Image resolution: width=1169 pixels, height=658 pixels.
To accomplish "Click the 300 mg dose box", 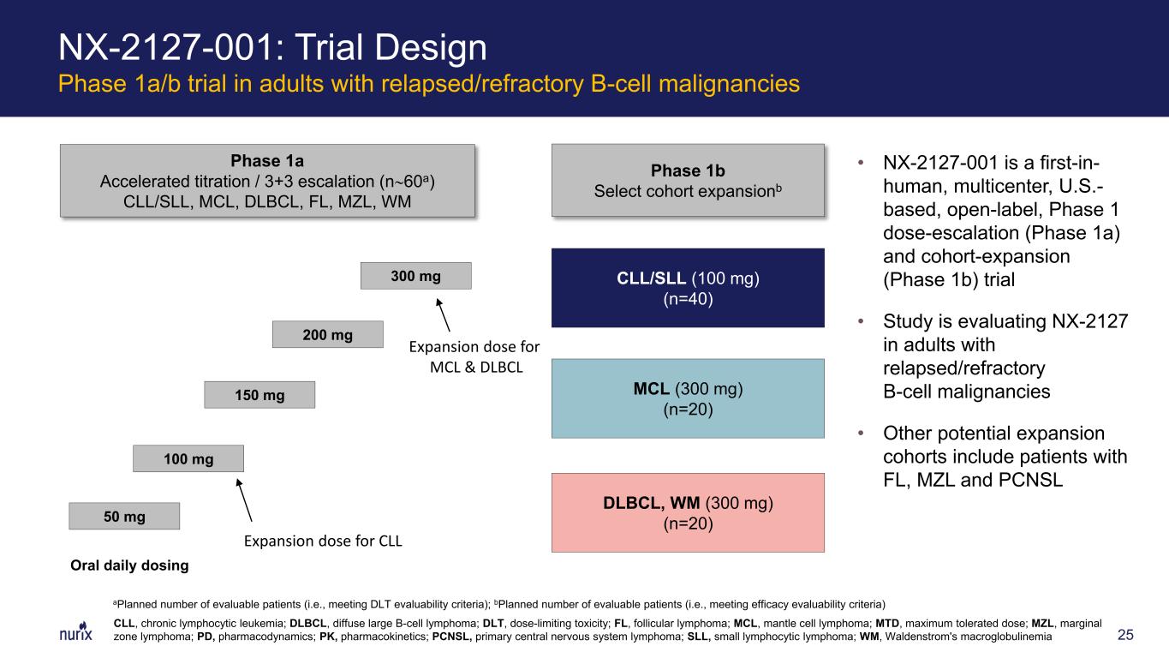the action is (416, 276).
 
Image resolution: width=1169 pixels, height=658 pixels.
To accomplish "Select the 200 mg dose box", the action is (328, 334).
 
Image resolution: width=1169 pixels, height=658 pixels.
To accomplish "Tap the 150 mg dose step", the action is (259, 395).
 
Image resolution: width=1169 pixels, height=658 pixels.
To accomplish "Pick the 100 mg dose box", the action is (188, 458).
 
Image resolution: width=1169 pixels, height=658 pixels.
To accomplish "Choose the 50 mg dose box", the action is (124, 516).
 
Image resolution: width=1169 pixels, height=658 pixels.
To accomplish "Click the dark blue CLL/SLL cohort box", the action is (688, 288).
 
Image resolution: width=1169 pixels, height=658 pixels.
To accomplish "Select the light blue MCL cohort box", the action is (688, 398).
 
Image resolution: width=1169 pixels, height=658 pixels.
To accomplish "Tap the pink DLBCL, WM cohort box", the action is (688, 513).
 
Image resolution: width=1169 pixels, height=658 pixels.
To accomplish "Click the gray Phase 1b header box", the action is (688, 180).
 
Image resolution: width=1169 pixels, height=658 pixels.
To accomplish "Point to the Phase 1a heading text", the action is (267, 160).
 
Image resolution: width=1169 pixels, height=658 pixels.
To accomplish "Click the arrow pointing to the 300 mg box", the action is (443, 315).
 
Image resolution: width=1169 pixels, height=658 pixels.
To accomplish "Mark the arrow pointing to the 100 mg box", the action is (244, 499).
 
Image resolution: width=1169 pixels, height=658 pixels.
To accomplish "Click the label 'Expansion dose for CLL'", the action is (323, 541).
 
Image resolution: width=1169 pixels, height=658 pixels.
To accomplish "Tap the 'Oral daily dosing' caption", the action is (129, 565).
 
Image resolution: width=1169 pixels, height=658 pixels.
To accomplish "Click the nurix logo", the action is (75, 631).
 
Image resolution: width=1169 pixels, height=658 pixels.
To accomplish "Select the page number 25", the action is (1125, 635).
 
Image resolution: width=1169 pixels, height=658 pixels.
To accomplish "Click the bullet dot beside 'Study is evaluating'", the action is (861, 321).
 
